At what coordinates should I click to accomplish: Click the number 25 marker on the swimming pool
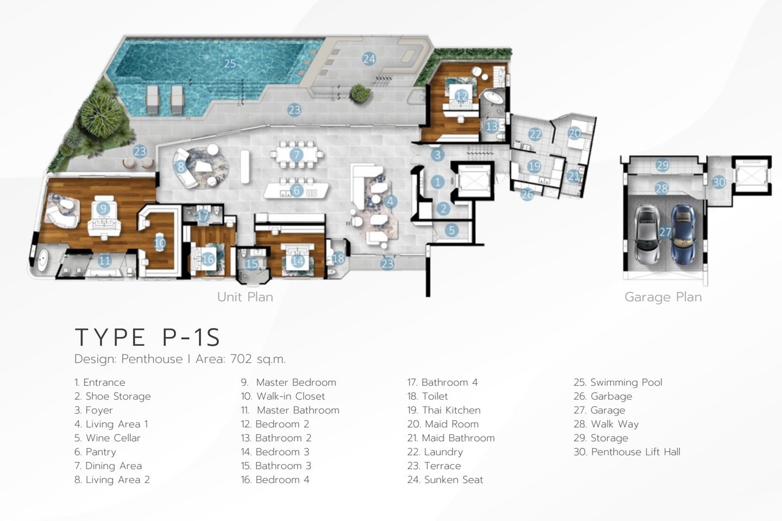(x=230, y=63)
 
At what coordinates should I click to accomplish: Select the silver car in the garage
(x=646, y=234)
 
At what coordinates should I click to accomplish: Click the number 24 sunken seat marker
(x=369, y=59)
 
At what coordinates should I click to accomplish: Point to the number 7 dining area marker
(x=297, y=154)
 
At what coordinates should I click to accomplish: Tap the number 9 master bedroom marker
(x=103, y=209)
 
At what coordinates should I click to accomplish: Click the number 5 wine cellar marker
(x=452, y=230)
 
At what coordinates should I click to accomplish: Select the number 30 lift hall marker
(x=719, y=182)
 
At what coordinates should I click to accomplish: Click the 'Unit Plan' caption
(x=245, y=297)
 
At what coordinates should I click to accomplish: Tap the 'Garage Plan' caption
(x=663, y=297)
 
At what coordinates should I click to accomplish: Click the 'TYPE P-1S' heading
(x=148, y=338)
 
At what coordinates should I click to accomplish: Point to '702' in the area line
(x=241, y=359)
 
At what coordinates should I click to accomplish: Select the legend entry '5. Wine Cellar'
(x=108, y=438)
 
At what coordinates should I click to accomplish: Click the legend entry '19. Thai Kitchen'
(x=444, y=410)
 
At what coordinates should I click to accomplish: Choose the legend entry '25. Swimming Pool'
(x=618, y=383)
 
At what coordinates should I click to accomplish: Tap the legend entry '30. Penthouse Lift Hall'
(x=627, y=452)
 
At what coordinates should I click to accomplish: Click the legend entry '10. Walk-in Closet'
(x=283, y=396)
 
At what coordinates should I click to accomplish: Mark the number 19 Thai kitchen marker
(x=534, y=166)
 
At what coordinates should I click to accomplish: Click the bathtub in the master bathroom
(x=43, y=260)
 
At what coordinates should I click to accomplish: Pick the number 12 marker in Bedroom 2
(x=462, y=96)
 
